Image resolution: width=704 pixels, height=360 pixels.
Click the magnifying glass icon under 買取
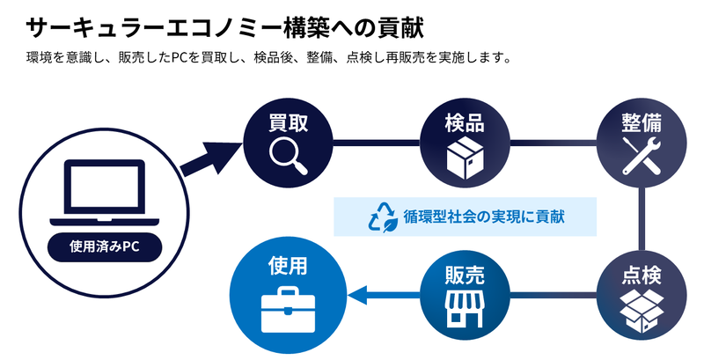coord(288,155)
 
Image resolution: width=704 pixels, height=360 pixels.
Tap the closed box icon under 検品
coord(466,158)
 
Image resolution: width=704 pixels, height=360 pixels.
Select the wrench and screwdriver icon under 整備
coord(642,155)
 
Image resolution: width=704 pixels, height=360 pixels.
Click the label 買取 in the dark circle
coord(288,122)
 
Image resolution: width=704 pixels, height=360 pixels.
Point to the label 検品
coord(465,122)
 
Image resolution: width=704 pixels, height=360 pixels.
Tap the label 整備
coord(642,122)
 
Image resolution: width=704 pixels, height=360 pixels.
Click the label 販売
coord(465,275)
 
